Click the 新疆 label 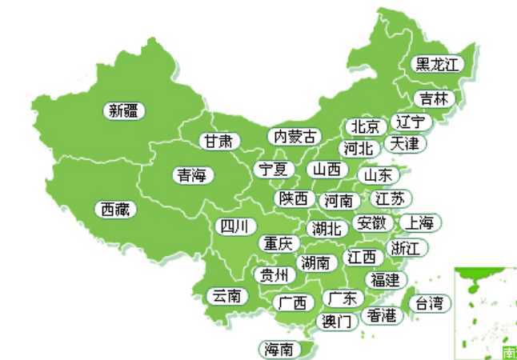(125, 111)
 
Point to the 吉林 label (435, 98)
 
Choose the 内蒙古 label (294, 137)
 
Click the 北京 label (364, 127)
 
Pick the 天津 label (404, 144)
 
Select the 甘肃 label (218, 142)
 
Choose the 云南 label (226, 296)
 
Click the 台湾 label (430, 303)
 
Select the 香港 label (381, 315)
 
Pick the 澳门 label (336, 322)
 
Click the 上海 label (419, 222)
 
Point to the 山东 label (378, 174)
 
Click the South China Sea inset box (485, 313)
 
